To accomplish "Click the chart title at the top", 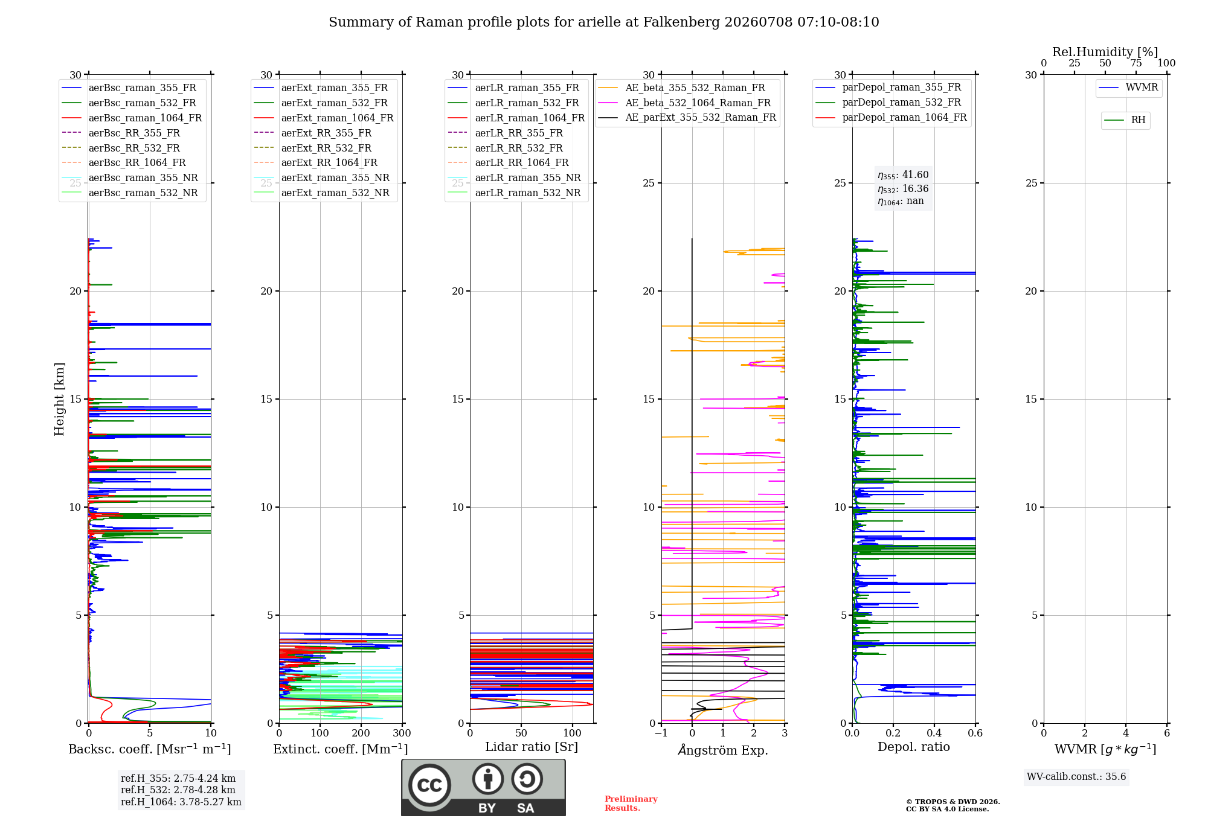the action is click(x=604, y=22).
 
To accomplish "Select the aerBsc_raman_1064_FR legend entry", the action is click(x=132, y=118).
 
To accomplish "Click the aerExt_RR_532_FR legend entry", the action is click(x=313, y=148).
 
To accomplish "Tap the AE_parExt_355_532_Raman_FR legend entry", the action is click(x=687, y=117).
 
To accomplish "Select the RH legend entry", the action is click(x=1125, y=120).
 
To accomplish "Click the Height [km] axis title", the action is click(x=59, y=399).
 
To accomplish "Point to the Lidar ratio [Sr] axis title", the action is click(x=532, y=747).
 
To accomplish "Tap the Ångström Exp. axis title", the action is click(x=723, y=750).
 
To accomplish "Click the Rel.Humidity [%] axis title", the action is click(x=1105, y=52).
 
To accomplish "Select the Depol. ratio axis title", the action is click(x=914, y=747).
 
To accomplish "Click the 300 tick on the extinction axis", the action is click(x=402, y=733).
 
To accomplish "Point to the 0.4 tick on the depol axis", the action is click(x=934, y=733).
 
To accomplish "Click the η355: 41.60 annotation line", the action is click(x=903, y=175).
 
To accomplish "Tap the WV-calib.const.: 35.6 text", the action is click(x=1076, y=776).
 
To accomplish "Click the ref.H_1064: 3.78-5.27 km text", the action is click(x=181, y=802).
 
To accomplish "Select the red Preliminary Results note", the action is click(x=631, y=803).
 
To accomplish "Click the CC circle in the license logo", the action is click(x=429, y=785).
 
